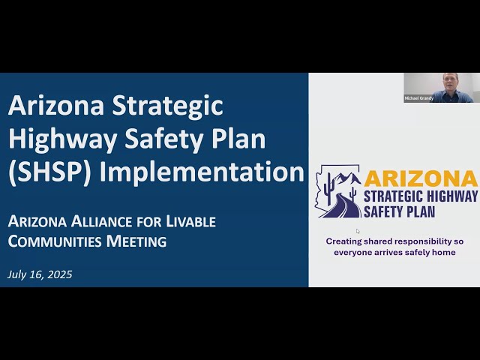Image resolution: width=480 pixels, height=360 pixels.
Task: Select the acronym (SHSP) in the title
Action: click(x=50, y=172)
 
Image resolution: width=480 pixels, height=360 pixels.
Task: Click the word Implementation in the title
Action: click(x=202, y=172)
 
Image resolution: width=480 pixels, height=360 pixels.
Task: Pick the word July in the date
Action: click(x=18, y=274)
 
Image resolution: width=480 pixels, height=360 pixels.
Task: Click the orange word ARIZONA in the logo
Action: click(x=421, y=178)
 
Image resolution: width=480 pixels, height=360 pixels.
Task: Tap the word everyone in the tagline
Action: click(x=358, y=253)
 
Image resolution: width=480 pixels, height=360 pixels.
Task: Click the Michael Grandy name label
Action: click(x=419, y=98)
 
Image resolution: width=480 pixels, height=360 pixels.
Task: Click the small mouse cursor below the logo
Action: click(x=358, y=231)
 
